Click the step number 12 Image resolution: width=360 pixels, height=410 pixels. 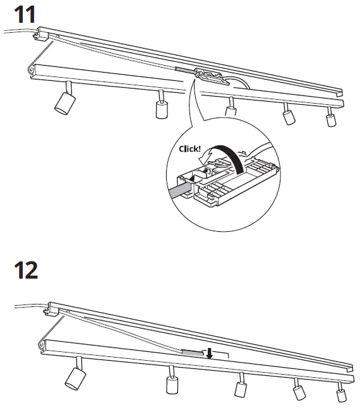tap(25, 270)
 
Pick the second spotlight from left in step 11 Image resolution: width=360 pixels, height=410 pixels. tap(161, 106)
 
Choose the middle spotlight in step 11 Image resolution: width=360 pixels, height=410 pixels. tap(232, 109)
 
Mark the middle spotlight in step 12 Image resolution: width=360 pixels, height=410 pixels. tap(241, 385)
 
